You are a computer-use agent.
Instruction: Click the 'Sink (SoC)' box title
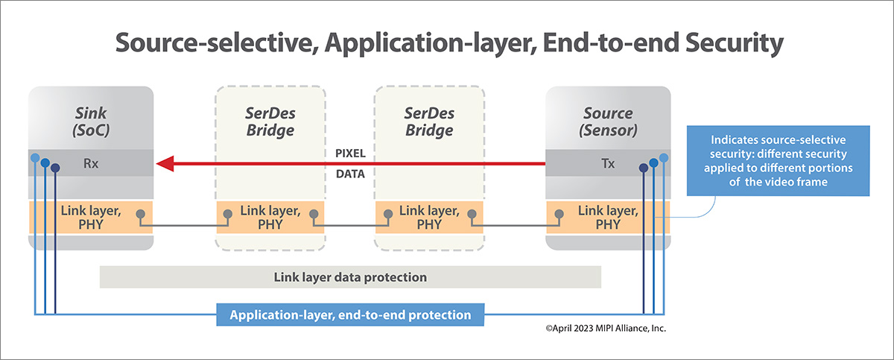click(x=90, y=122)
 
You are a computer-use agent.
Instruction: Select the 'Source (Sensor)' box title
click(x=608, y=122)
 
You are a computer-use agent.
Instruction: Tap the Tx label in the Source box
click(x=608, y=163)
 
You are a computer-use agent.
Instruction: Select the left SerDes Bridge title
click(x=270, y=122)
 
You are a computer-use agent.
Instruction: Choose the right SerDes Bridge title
click(x=429, y=122)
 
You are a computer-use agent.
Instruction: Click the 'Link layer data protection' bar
click(x=350, y=277)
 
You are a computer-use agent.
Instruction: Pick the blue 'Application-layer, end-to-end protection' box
click(x=350, y=315)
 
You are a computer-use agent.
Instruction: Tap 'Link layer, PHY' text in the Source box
click(x=608, y=216)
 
